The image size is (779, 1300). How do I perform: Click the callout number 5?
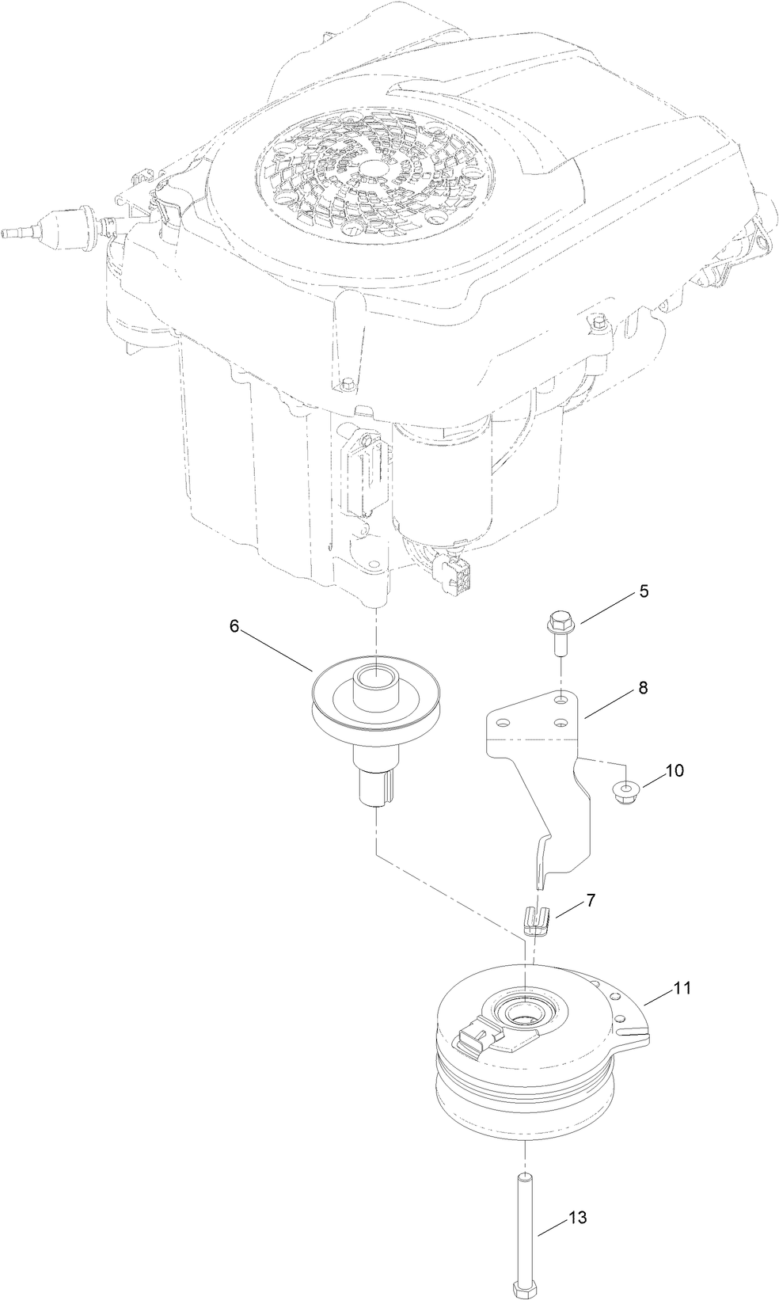644,592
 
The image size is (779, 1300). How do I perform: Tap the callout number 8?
643,689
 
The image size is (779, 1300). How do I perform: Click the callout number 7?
591,901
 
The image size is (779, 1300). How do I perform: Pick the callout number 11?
682,988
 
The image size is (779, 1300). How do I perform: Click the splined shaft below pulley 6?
375,788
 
